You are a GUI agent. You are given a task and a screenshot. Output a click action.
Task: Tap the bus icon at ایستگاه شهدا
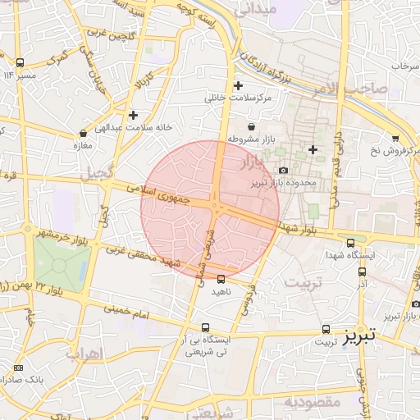[351, 243]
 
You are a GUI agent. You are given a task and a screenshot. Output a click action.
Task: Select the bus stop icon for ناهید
[220, 279]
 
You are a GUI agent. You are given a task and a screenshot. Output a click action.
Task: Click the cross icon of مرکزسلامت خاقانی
[239, 85]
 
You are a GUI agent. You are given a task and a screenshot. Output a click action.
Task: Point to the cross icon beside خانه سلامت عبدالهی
[133, 115]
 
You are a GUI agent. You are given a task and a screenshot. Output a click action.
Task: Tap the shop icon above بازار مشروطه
[250, 126]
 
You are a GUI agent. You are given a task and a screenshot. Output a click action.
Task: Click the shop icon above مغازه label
[83, 134]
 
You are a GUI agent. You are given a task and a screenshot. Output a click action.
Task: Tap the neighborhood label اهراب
[82, 354]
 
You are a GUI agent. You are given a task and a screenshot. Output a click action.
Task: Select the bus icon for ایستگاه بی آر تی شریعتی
[206, 326]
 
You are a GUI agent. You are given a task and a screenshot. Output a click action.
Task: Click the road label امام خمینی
[126, 312]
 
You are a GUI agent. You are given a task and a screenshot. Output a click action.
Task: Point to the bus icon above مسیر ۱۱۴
[20, 62]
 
